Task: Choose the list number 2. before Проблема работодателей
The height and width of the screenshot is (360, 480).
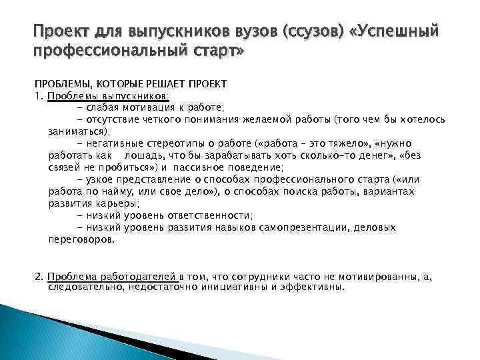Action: point(39,276)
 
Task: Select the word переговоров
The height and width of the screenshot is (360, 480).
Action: point(81,239)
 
